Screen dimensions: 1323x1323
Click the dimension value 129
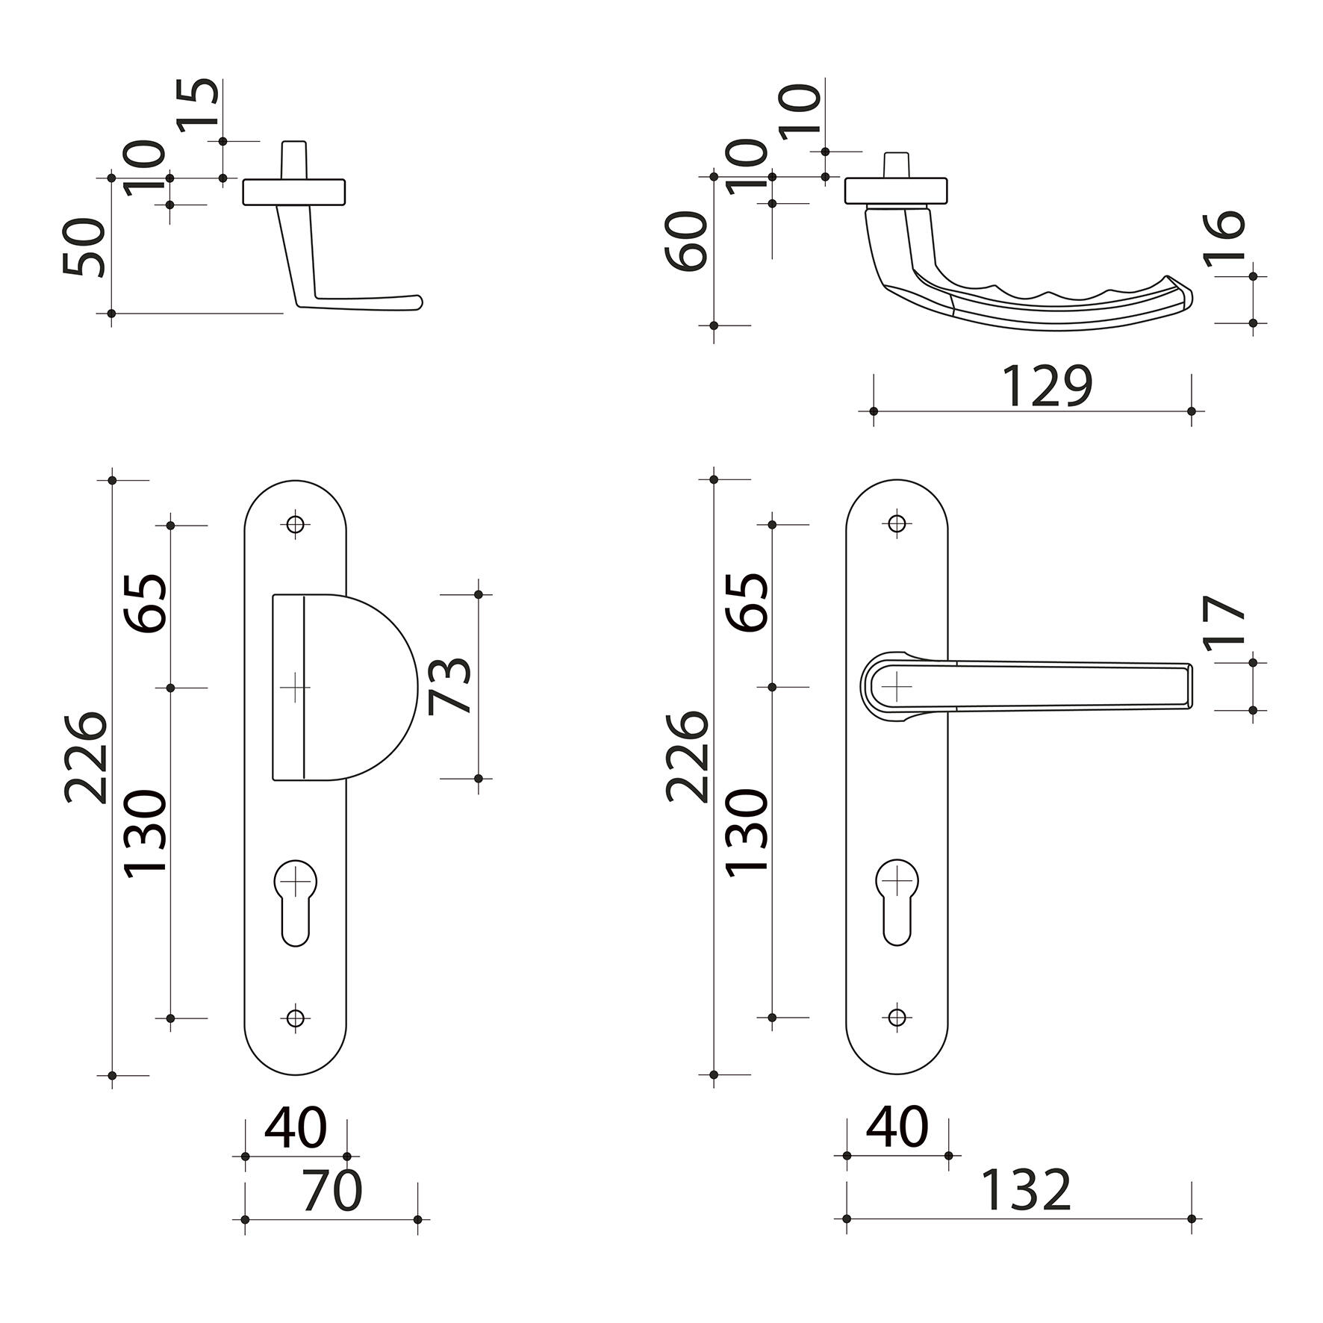(x=1046, y=386)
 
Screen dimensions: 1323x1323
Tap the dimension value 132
(x=1025, y=1191)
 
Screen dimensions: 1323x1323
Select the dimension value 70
(x=332, y=1191)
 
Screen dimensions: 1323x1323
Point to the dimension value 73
(x=450, y=686)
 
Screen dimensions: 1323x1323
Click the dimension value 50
(x=84, y=247)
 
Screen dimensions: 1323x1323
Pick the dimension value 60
(x=686, y=240)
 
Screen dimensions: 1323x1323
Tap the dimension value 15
(x=199, y=106)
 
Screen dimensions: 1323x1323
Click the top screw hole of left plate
(x=296, y=524)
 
